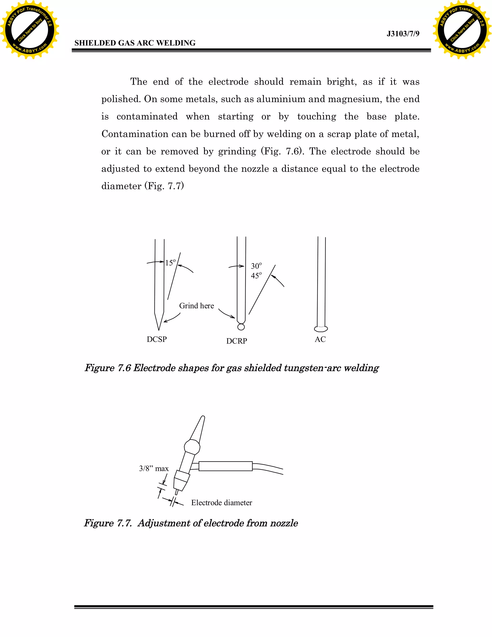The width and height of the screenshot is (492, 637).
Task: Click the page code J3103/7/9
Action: (403, 34)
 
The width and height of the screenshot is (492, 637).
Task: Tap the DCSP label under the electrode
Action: (157, 339)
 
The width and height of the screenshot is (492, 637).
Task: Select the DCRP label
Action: (237, 341)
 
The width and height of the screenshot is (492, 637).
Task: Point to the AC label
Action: (320, 339)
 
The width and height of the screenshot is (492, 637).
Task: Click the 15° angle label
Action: (170, 262)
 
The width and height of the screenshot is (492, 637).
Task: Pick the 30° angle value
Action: (256, 266)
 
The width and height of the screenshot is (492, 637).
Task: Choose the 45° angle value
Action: (256, 276)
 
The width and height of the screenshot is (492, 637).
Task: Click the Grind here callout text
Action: (197, 306)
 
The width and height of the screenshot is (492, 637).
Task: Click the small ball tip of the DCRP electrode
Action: (241, 327)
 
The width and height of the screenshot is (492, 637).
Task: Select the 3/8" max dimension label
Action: (154, 469)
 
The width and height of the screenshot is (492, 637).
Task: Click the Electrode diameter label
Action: (221, 503)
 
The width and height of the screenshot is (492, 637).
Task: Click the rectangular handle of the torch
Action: (225, 466)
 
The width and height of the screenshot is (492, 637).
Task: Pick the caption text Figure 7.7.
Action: (108, 523)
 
